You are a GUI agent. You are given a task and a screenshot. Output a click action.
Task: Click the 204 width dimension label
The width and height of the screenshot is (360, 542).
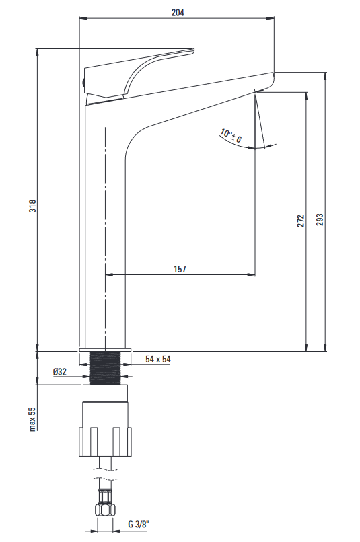[178, 13]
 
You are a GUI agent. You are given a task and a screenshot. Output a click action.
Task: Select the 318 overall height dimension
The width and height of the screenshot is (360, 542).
[32, 206]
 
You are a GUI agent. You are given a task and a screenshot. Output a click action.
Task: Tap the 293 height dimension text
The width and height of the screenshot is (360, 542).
[320, 219]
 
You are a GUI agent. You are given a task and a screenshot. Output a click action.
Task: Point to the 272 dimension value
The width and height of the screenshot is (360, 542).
[301, 221]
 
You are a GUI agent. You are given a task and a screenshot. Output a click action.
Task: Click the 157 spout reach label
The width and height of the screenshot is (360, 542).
[180, 269]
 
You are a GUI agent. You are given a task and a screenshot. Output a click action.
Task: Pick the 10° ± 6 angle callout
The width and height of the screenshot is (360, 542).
[231, 136]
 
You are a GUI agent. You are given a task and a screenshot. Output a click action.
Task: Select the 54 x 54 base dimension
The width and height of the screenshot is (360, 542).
[158, 359]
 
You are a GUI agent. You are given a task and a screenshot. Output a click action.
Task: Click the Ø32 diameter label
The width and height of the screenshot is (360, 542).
[59, 372]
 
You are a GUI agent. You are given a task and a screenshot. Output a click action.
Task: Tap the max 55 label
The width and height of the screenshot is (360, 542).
[32, 419]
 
